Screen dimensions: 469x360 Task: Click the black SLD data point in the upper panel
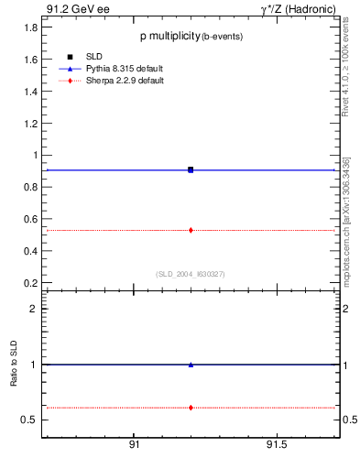191,169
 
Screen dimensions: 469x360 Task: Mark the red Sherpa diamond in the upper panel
191,230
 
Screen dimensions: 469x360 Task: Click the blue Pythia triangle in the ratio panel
191,365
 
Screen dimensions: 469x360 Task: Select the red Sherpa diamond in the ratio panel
191,407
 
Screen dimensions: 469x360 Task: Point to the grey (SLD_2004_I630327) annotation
191,273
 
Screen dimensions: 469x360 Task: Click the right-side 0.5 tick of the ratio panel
349,420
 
